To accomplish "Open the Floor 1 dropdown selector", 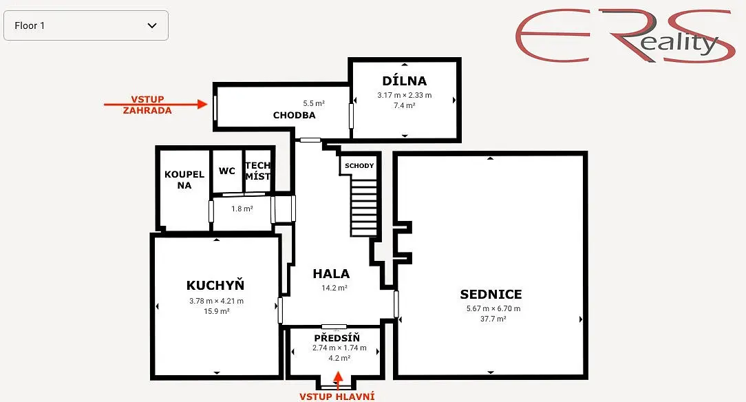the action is coord(85,25).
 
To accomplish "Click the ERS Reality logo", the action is coord(624,36).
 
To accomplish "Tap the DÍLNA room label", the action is coord(405,81).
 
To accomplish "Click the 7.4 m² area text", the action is coord(405,105).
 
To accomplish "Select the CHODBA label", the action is coord(294,115).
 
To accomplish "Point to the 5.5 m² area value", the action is coord(314,103).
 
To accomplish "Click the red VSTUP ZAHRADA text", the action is coord(147,105).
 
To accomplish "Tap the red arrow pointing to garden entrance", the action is coord(156,104).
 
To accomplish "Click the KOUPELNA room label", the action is coord(184,180).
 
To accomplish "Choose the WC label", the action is coord(227,171).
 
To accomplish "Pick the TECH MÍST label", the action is coord(257,171).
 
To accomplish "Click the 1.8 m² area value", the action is coord(242,209).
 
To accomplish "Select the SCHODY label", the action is coord(359,166).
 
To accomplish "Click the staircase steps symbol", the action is coord(364,207).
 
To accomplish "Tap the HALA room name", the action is coord(331,273).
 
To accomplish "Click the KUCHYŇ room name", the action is coord(215,285).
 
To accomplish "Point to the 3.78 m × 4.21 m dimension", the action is coord(217,301).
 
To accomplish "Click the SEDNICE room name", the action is coord(491,294).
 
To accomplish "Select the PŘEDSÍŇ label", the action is coord(337,338).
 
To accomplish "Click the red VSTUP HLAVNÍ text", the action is coord(337,396).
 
